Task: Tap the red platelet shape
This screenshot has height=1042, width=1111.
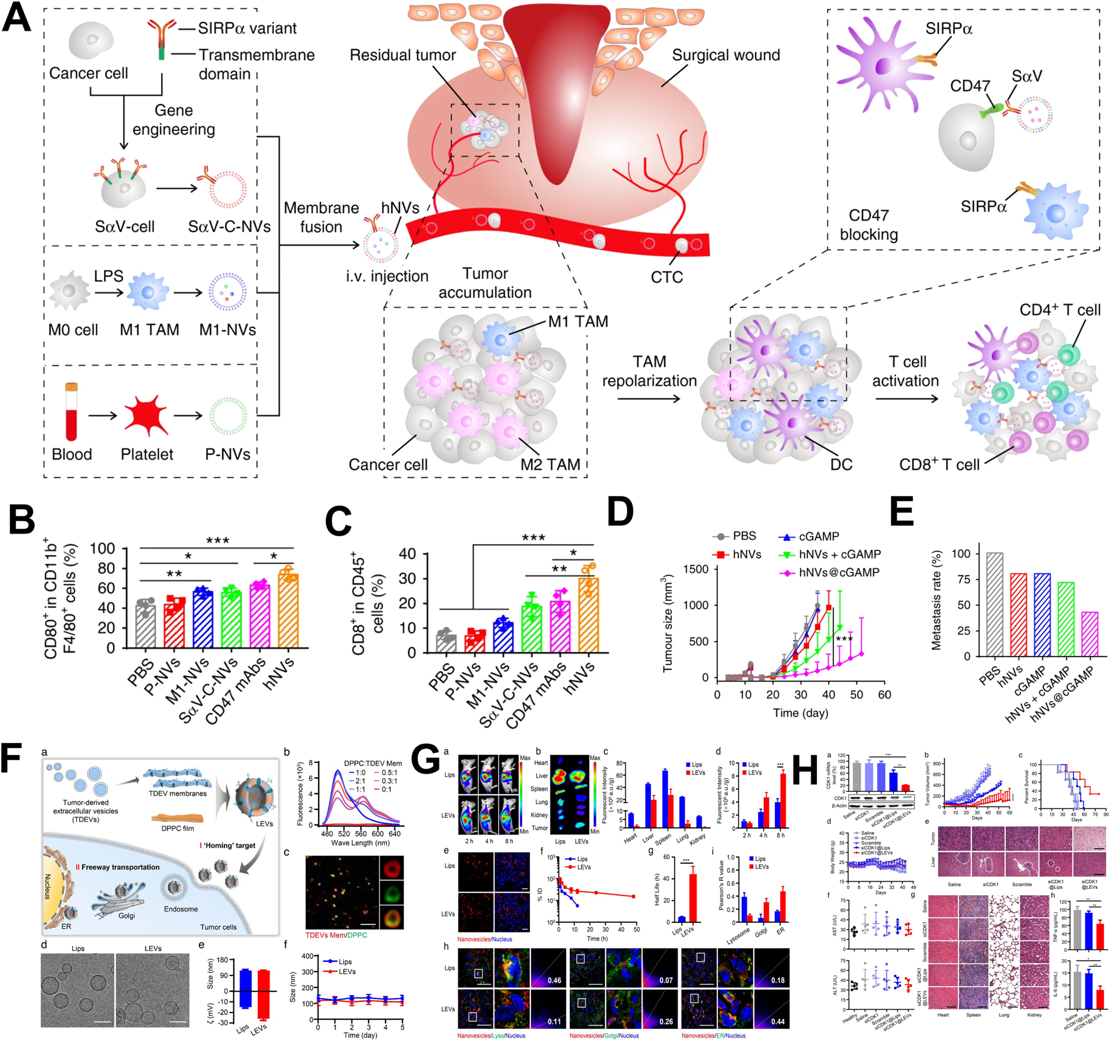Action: tap(146, 415)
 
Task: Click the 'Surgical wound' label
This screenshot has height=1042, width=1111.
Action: tap(725, 55)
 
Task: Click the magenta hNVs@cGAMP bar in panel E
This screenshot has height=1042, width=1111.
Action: tap(1090, 634)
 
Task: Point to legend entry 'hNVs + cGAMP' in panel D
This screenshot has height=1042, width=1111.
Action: tap(840, 554)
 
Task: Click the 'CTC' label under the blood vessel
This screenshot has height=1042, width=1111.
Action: tap(666, 276)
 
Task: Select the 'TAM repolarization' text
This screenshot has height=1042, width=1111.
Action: tap(649, 371)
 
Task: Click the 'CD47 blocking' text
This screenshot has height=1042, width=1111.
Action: tap(868, 224)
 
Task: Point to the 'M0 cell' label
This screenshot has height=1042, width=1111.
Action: tap(73, 330)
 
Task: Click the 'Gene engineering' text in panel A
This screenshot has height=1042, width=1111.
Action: tap(174, 120)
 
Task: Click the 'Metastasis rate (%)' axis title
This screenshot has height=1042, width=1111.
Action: tap(937, 600)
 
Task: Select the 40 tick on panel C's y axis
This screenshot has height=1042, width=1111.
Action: tap(407, 554)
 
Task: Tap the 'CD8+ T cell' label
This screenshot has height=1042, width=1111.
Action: tap(939, 465)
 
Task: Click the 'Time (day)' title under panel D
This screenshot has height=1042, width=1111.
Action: tap(800, 713)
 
